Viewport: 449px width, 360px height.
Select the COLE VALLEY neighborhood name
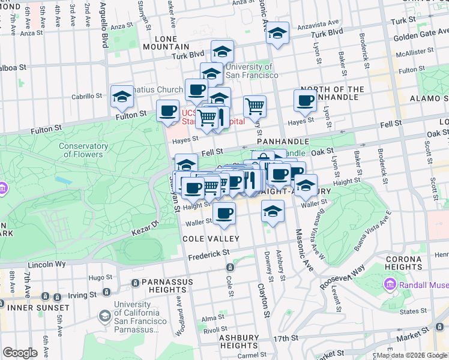tap(211, 238)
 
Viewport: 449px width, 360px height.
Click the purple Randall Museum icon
tap(390, 283)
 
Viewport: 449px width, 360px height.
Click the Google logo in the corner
tap(20, 353)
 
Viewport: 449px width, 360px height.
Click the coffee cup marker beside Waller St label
tap(224, 213)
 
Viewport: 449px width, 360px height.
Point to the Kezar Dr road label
tap(145, 227)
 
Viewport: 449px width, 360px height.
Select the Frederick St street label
tap(209, 254)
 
